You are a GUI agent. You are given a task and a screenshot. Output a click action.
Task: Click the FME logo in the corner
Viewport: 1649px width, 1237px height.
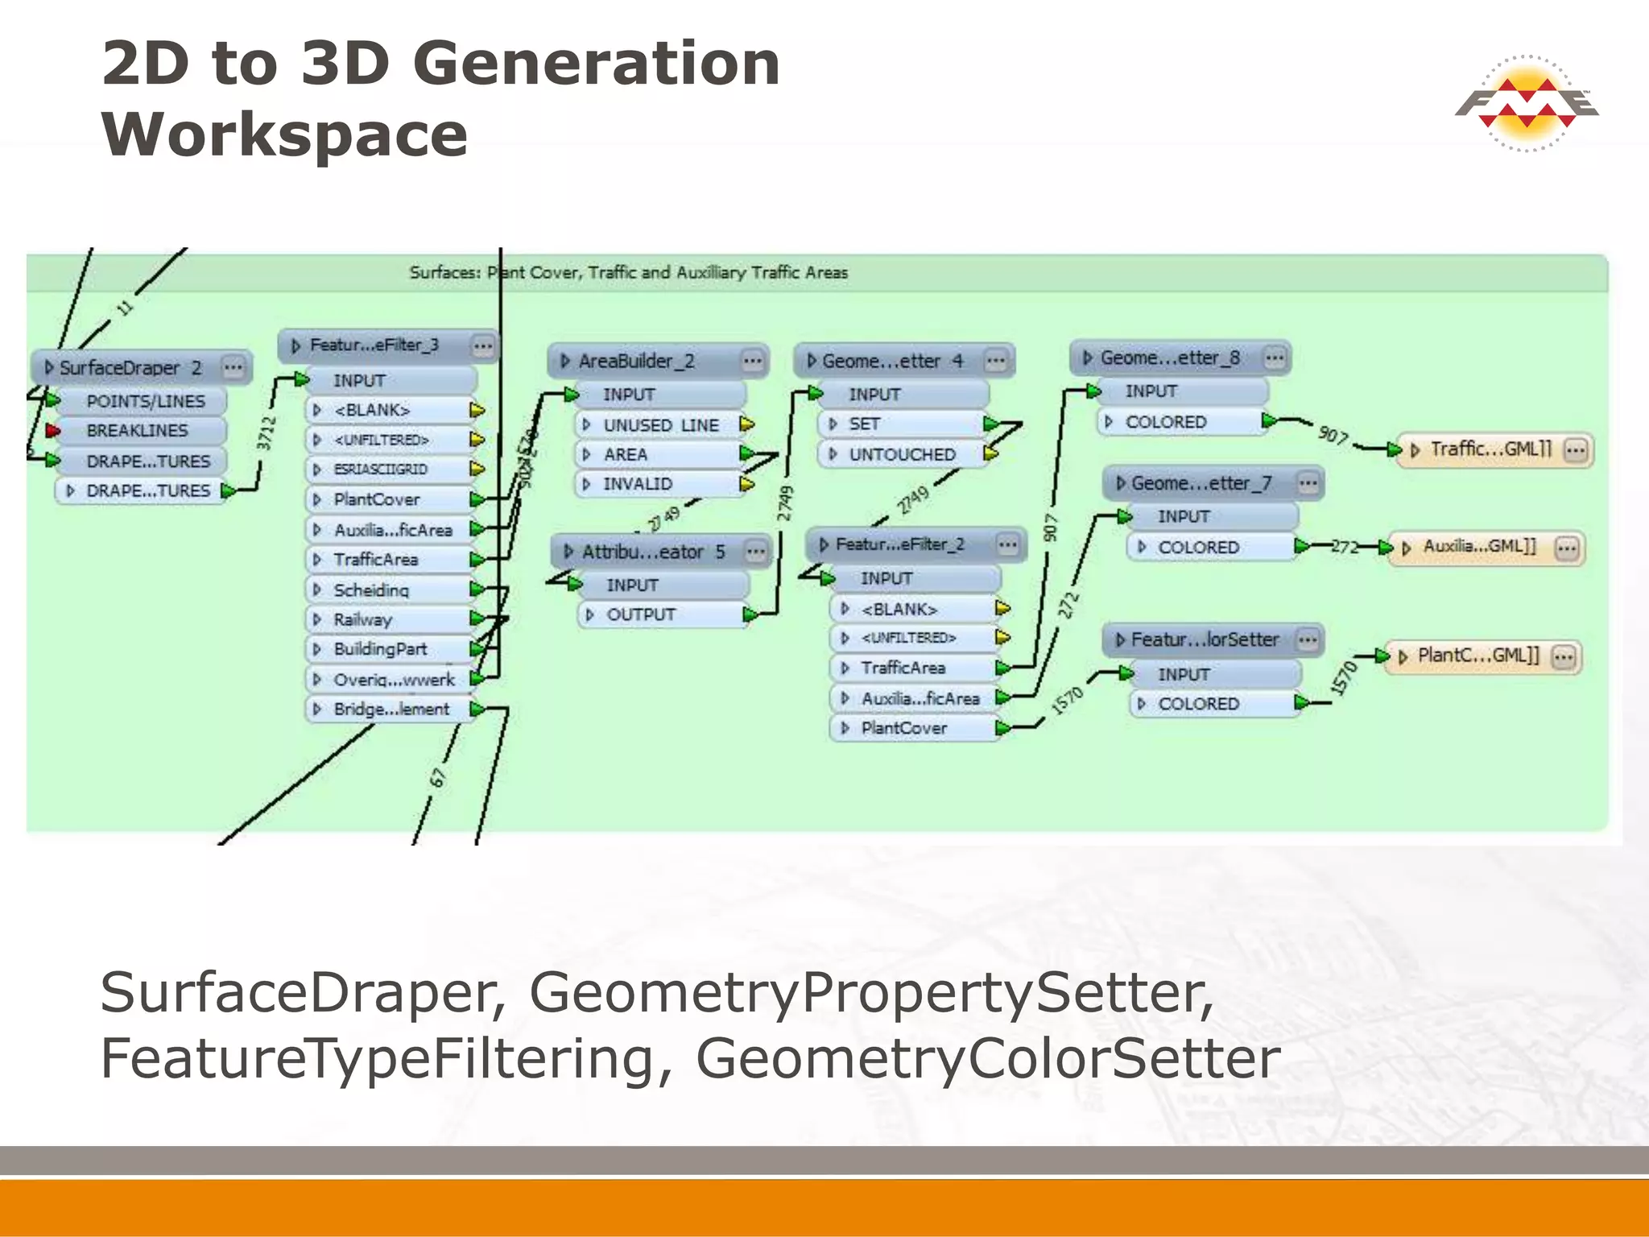[x=1526, y=103]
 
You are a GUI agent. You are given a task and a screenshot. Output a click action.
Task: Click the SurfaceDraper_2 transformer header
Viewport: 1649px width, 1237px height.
[x=129, y=368]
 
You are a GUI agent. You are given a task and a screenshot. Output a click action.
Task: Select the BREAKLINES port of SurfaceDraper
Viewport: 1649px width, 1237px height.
[x=137, y=431]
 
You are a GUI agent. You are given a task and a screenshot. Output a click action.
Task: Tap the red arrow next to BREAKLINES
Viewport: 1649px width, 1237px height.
[x=52, y=431]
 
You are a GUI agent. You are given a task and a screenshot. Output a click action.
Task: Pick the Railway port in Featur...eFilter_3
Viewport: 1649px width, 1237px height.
[x=363, y=619]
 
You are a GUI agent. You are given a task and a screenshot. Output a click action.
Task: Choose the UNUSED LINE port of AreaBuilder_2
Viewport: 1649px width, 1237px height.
[x=660, y=424]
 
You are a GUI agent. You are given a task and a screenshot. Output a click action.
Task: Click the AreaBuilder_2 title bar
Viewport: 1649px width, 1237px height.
[x=636, y=361]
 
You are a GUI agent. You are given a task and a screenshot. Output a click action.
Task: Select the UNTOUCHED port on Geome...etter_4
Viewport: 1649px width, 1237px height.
[x=902, y=454]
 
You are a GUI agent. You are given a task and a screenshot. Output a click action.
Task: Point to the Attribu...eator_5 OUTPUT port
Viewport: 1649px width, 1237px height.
[x=641, y=614]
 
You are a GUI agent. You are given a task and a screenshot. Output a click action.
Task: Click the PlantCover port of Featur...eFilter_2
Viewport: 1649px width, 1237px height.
[x=903, y=728]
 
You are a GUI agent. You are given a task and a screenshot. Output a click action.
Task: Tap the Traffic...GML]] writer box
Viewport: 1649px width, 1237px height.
[x=1490, y=449]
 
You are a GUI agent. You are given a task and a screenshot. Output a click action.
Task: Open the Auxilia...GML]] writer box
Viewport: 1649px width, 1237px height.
[x=1479, y=547]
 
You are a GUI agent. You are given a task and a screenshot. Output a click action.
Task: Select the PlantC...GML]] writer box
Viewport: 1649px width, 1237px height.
[x=1477, y=656]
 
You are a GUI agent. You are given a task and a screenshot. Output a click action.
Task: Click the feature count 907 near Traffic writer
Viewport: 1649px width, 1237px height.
[x=1333, y=435]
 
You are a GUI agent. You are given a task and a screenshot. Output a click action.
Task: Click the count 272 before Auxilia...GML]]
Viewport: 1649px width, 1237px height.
[x=1344, y=547]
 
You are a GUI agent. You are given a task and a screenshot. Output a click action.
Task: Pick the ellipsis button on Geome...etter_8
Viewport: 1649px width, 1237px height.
[x=1275, y=358]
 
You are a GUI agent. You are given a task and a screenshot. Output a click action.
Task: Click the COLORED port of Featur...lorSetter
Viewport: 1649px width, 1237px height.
[x=1198, y=704]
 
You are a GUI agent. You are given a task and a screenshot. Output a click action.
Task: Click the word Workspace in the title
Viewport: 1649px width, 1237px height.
[x=284, y=134]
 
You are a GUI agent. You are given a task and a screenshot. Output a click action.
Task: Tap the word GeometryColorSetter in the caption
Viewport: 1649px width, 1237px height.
[x=987, y=1057]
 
